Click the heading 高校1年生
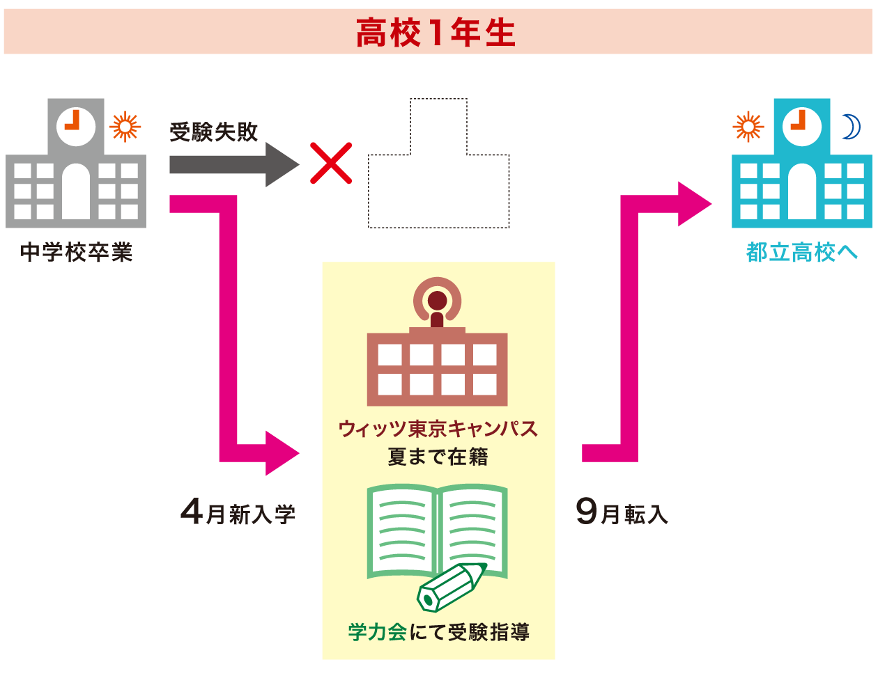pos(436,33)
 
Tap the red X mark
pos(331,164)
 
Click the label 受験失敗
pos(214,132)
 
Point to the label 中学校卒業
pos(76,252)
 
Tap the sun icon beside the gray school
pos(125,127)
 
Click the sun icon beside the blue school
pos(748,127)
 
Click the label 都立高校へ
pos(802,252)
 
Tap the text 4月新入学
pos(238,514)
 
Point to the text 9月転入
pos(622,514)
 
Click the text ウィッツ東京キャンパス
pos(438,428)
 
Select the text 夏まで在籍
pos(438,457)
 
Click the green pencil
pos(450,588)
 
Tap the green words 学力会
pos(377,632)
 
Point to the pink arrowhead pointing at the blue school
pos(694,204)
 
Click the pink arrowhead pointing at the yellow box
pos(282,453)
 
